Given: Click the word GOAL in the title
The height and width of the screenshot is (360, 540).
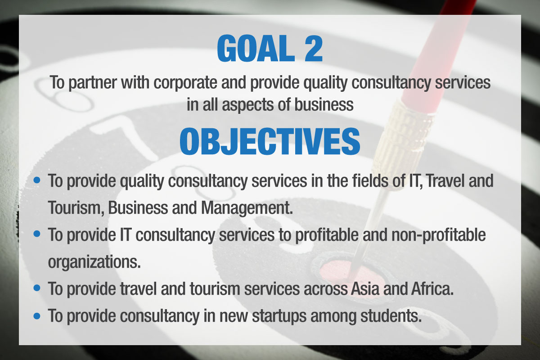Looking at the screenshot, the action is click(256, 49).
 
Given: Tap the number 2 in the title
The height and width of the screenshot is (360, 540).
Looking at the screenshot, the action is click(313, 49).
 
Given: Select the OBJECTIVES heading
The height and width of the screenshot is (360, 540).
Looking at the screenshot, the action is click(270, 141).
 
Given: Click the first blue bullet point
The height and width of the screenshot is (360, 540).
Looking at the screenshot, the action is click(37, 180).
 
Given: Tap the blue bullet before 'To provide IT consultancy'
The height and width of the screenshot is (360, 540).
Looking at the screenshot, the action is click(37, 234).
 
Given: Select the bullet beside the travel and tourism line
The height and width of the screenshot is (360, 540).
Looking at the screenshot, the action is click(37, 288).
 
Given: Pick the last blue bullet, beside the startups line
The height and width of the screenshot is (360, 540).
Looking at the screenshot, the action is click(37, 315).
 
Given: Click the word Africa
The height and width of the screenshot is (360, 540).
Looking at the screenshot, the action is click(432, 288).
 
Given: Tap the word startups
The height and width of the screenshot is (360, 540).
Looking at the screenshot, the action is click(279, 316).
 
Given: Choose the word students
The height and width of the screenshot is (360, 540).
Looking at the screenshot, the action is click(391, 315).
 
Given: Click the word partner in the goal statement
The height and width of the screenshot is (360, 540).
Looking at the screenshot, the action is click(93, 83).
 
